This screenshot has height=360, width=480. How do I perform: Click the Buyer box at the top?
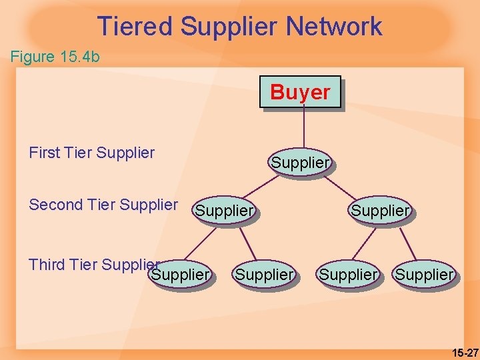(x=300, y=92)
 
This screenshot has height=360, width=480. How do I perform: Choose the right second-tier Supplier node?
(x=380, y=211)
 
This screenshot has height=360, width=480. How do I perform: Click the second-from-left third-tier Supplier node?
(x=265, y=274)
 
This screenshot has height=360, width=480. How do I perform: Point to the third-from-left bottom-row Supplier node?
(x=349, y=274)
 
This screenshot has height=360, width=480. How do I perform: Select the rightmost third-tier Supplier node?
(x=424, y=274)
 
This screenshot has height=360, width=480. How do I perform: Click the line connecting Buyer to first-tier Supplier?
(x=304, y=128)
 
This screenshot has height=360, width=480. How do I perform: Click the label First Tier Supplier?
(x=92, y=153)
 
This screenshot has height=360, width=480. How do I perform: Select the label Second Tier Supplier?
(x=103, y=205)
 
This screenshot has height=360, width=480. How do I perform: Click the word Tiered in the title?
(x=135, y=27)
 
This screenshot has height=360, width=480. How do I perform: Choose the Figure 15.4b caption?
(x=55, y=57)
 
